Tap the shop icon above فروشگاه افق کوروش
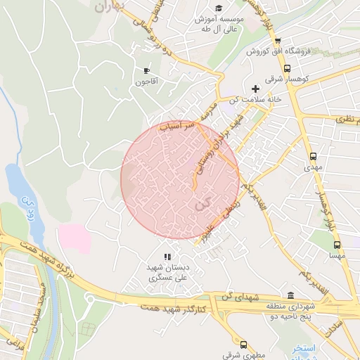click(278, 41)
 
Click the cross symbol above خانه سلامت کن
click(255, 89)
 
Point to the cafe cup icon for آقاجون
click(147, 71)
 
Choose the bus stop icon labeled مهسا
click(337, 245)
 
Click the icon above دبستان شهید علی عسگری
click(167, 257)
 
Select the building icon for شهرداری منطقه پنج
click(291, 295)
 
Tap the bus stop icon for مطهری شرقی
click(243, 344)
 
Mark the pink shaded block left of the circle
click(75, 237)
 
